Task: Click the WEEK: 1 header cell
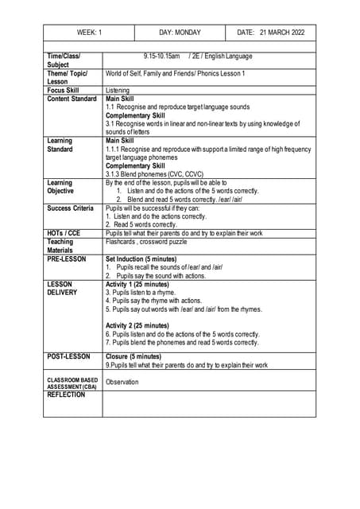[x=89, y=33]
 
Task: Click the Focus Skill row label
[x=64, y=90]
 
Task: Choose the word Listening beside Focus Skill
[x=118, y=91]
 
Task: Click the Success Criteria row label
[x=70, y=208]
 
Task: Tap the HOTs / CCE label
[x=64, y=233]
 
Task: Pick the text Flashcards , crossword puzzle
[x=146, y=242]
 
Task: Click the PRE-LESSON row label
[x=66, y=259]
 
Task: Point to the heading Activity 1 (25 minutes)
[x=137, y=284]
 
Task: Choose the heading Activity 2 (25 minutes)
[x=137, y=325]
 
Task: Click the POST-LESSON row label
[x=68, y=357]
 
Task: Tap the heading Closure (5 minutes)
[x=133, y=357]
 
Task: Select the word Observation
[x=122, y=382]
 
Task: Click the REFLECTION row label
[x=66, y=394]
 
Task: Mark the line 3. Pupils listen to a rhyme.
[x=144, y=293]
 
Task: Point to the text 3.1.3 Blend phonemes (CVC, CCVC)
[x=154, y=173]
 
